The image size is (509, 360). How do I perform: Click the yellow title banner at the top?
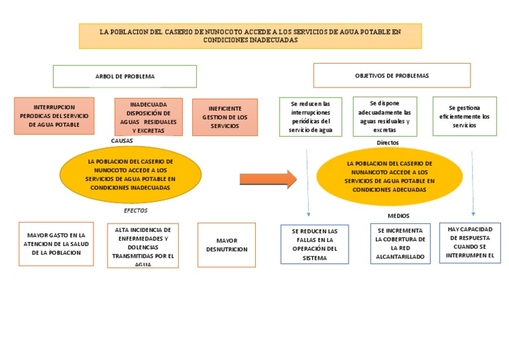(x=250, y=36)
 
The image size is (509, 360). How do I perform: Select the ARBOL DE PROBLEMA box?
(x=125, y=76)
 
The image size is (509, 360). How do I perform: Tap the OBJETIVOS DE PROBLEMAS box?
(x=392, y=76)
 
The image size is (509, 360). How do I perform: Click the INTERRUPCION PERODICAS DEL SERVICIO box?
(x=54, y=116)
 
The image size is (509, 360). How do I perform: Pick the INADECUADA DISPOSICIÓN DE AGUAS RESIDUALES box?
(x=148, y=117)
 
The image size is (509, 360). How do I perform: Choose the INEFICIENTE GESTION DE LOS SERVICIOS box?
(x=225, y=117)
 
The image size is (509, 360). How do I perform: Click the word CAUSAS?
(x=122, y=141)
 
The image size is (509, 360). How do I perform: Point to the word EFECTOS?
(x=136, y=210)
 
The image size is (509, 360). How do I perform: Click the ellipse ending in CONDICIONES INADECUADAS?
(x=131, y=174)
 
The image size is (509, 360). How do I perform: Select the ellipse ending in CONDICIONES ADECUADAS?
(x=390, y=176)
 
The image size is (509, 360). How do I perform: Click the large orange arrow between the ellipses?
(x=268, y=179)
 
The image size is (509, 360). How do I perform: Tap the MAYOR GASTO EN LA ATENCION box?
(x=56, y=244)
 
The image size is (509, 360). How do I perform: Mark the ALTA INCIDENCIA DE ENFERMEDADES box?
(x=143, y=245)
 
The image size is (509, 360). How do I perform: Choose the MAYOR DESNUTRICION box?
(x=227, y=245)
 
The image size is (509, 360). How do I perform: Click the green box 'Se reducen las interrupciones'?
(x=310, y=117)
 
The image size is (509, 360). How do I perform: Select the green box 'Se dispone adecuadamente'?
(x=385, y=116)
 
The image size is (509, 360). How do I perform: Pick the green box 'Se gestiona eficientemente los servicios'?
(x=465, y=116)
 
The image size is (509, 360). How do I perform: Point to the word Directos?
(x=388, y=143)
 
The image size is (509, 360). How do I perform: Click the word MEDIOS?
(x=398, y=216)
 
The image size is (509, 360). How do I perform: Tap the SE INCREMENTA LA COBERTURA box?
(x=400, y=243)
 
